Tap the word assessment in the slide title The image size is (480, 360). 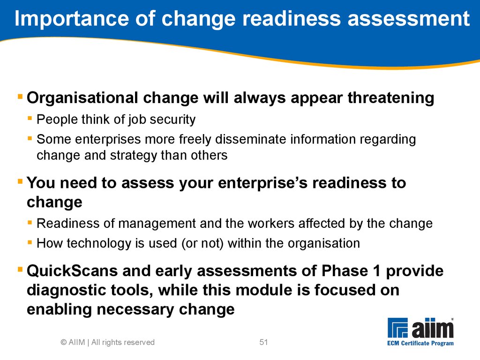click(x=408, y=18)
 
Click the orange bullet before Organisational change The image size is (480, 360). click(x=20, y=97)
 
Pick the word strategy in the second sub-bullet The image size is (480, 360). click(x=134, y=156)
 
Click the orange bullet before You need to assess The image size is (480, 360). click(x=20, y=181)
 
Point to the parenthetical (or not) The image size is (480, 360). click(x=202, y=244)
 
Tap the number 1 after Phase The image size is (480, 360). click(x=376, y=271)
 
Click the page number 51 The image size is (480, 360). click(x=263, y=342)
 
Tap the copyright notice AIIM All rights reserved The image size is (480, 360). click(x=108, y=342)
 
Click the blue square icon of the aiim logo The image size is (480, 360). click(x=397, y=328)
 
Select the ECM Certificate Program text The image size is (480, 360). click(x=420, y=344)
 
